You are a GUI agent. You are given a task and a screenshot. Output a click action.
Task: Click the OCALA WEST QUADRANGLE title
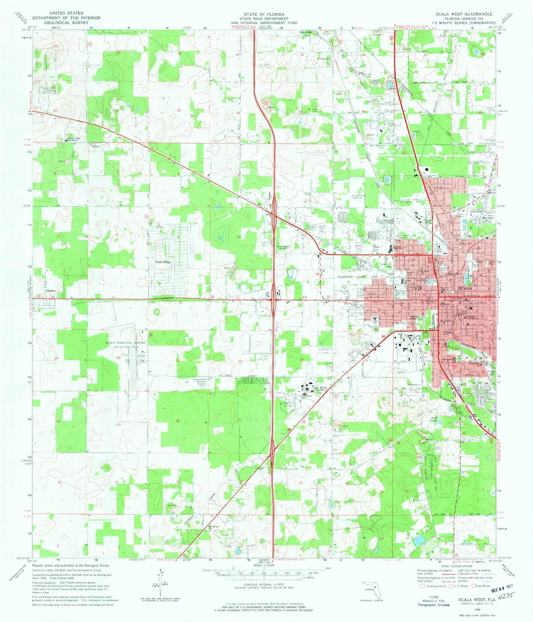(x=464, y=14)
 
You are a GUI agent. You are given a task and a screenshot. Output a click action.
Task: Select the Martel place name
(x=51, y=291)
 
